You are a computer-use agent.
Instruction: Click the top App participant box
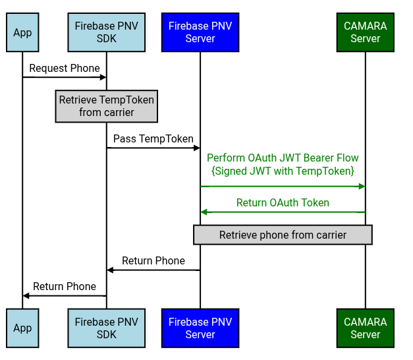[22, 33]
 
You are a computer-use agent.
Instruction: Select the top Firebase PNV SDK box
[106, 33]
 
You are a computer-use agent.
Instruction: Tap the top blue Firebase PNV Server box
[200, 33]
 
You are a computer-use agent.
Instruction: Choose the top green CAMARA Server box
[365, 33]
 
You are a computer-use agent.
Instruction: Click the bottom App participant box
[22, 328]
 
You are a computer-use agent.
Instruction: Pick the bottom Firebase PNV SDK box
[106, 328]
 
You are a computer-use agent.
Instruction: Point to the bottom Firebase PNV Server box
[200, 328]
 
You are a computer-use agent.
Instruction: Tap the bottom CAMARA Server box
[365, 328]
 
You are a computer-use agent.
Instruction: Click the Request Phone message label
[65, 68]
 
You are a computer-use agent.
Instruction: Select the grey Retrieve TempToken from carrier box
[106, 106]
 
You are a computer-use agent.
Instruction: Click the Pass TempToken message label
[153, 138]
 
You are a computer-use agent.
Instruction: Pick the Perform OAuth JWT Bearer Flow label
[283, 158]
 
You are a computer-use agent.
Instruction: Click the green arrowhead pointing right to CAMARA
[362, 187]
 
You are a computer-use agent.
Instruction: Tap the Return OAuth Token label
[283, 203]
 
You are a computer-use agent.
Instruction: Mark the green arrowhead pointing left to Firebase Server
[204, 212]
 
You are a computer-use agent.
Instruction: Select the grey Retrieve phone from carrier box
[283, 235]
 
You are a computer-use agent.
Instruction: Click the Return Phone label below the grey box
[153, 261]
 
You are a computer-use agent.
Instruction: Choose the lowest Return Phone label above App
[65, 287]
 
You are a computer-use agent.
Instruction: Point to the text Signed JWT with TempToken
[283, 171]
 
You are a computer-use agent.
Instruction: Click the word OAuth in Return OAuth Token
[284, 203]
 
